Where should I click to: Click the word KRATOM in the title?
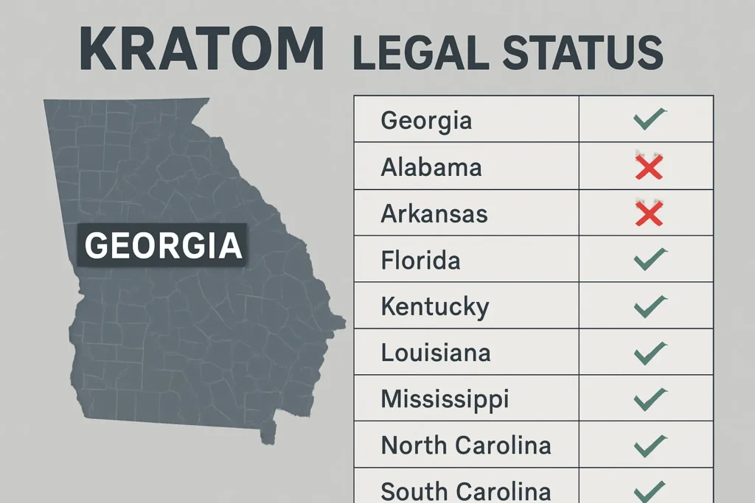pos(201,49)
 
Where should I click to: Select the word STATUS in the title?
pos(583,52)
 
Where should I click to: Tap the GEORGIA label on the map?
pos(163,245)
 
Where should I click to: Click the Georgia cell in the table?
pos(426,120)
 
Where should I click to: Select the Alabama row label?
pos(431,167)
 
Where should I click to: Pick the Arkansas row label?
pos(434,214)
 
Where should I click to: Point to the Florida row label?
pos(420,260)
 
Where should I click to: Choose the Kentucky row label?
pos(434,306)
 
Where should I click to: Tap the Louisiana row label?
pos(435,352)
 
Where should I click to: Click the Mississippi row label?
pos(445,398)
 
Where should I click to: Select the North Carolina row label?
pos(465,445)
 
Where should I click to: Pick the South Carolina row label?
pos(465,490)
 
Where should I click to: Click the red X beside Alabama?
pos(649,167)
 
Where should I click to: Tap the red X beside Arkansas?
pos(649,214)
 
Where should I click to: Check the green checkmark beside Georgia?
pos(649,119)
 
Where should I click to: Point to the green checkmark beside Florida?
pos(649,259)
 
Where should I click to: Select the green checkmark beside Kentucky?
pos(649,306)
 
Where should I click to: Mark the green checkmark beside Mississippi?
pos(649,398)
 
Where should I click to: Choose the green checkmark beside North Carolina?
pos(649,445)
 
